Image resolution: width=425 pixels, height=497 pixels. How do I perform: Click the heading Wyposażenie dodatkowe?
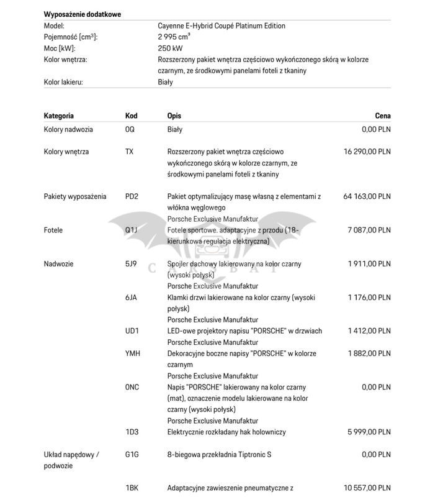[83, 14]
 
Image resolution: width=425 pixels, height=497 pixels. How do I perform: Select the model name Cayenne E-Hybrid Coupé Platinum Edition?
[221, 26]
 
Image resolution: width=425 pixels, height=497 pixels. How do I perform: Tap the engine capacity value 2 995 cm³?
[174, 37]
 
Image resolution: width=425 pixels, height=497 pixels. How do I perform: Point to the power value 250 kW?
[170, 48]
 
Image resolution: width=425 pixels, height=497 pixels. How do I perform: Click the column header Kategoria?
[59, 116]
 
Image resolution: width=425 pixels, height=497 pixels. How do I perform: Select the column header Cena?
[383, 116]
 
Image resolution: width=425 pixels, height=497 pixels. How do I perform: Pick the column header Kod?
[131, 116]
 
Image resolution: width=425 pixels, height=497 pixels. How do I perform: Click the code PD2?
[132, 196]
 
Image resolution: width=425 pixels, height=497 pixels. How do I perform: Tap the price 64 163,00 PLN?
[367, 196]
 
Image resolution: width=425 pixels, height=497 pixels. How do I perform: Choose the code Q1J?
[131, 230]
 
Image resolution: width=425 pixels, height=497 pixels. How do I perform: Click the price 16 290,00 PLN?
[367, 152]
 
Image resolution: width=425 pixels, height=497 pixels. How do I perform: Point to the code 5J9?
[131, 263]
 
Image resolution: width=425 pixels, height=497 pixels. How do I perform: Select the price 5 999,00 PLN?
[369, 432]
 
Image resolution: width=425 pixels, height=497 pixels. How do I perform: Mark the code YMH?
[132, 353]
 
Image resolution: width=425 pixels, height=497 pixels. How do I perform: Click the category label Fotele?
[54, 230]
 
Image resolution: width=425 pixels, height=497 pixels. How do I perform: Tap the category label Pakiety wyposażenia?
[75, 196]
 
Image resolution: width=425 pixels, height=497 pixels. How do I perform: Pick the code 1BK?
[131, 488]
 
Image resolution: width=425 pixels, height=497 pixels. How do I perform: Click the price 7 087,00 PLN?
[369, 230]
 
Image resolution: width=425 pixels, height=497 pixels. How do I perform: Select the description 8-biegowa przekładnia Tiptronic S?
[219, 455]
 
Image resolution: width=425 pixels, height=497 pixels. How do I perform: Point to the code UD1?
[132, 331]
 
